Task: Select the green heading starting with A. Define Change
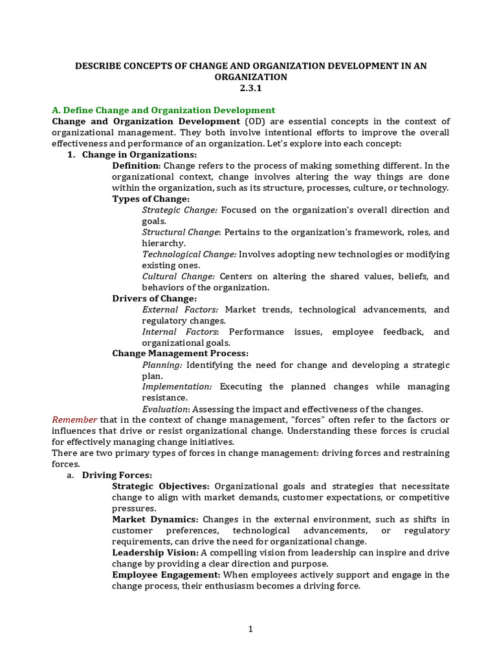[x=163, y=110]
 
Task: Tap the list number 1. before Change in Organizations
[x=72, y=155]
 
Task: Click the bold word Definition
[x=135, y=165]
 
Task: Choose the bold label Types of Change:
[x=151, y=198]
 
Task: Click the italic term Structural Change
[x=181, y=232]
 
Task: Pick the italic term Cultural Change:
[x=179, y=276]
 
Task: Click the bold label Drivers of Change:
[x=154, y=299]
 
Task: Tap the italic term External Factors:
[x=180, y=310]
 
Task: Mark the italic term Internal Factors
[x=180, y=332]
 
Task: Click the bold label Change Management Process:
[x=180, y=354]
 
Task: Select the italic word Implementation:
[x=177, y=387]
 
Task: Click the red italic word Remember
[x=74, y=420]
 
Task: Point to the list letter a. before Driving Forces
[x=71, y=475]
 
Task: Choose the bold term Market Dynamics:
[x=155, y=519]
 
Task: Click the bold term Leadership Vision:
[x=155, y=553]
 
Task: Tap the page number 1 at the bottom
[x=250, y=629]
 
